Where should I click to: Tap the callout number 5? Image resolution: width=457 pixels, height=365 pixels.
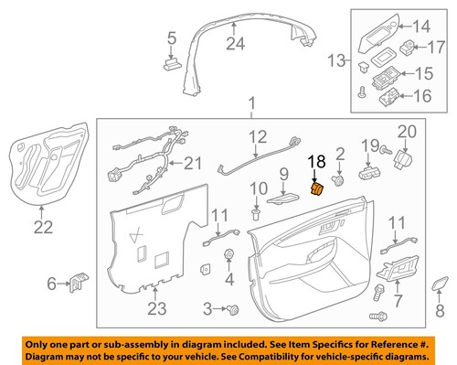point(170,38)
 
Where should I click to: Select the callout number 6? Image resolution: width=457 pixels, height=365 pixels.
point(51,284)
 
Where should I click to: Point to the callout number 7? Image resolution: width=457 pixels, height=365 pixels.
point(397,300)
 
